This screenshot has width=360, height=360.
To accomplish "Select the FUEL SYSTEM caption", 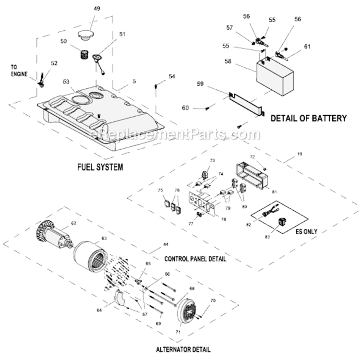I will point(100,168).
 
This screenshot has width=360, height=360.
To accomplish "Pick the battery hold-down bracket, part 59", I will point(245,102).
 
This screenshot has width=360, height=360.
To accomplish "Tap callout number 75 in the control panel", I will point(160,191).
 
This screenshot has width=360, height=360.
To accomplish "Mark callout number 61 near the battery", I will point(307,47).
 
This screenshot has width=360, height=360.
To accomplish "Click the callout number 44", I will point(152,244).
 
